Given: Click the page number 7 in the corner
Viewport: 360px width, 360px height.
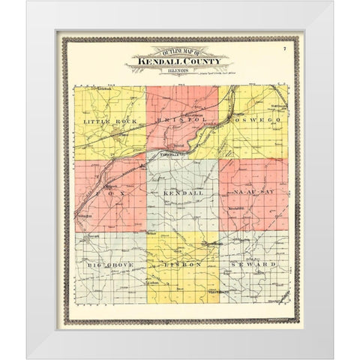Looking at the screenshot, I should [x=285, y=49].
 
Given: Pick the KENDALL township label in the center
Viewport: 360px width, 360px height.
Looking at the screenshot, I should [x=182, y=193].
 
